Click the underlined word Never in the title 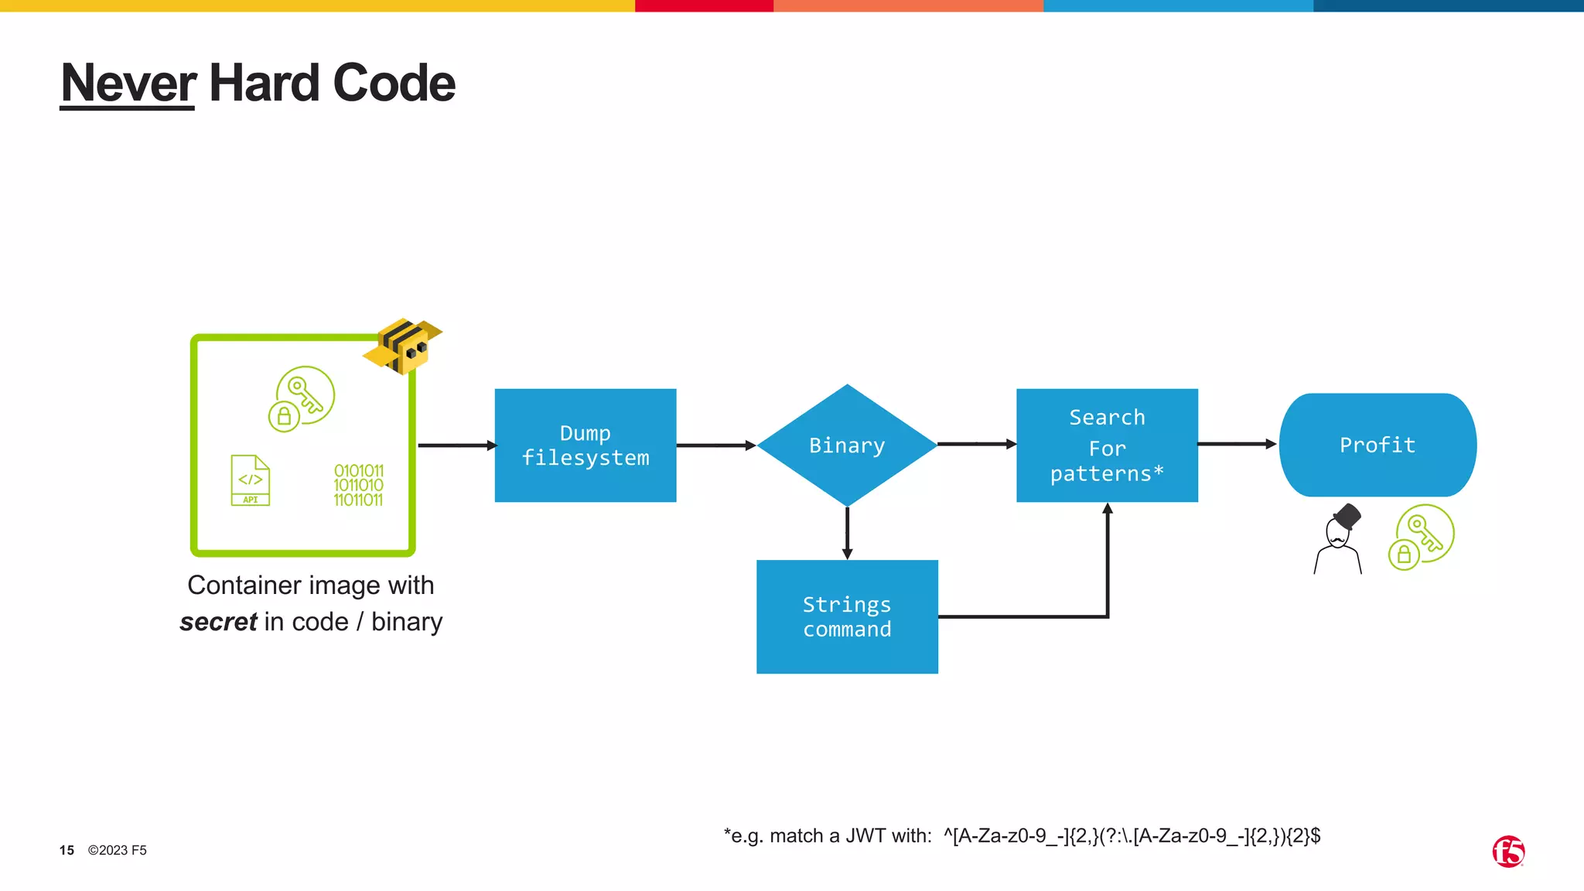[x=128, y=84]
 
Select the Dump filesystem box [x=585, y=445]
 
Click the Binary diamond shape [x=847, y=445]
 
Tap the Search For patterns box [x=1107, y=445]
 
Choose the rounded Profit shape [x=1377, y=445]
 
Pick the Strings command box [x=847, y=616]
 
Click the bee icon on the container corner [x=403, y=346]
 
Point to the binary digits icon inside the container [x=358, y=485]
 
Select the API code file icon [x=251, y=480]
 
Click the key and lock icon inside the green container [x=302, y=398]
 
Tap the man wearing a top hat [x=1339, y=539]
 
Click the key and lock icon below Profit [x=1422, y=537]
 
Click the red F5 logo [x=1507, y=852]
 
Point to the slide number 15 [x=67, y=850]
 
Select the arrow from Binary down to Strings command [x=847, y=532]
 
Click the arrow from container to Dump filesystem [x=456, y=445]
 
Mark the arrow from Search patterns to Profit [x=1236, y=444]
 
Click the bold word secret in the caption [x=218, y=622]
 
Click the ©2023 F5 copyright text [x=117, y=850]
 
